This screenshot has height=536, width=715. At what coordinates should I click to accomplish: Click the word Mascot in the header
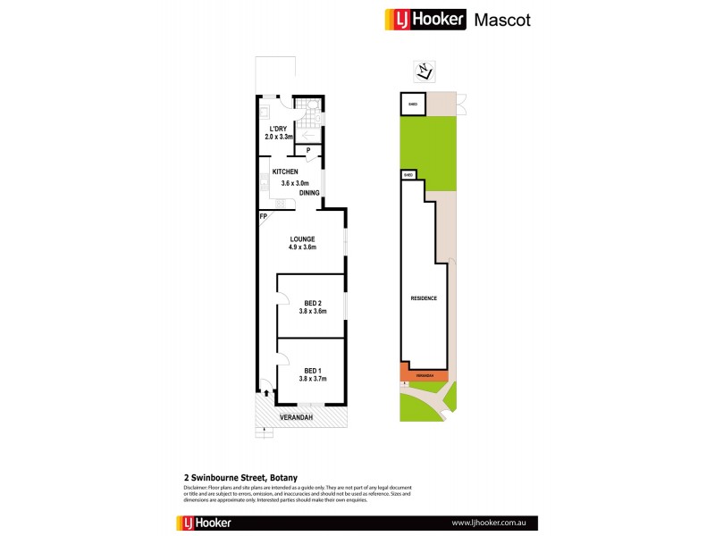point(501,20)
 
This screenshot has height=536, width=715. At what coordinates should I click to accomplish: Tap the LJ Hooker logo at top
point(425,20)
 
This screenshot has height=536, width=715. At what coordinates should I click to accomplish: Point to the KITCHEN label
point(285,172)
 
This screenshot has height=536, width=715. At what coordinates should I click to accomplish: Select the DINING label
point(310,192)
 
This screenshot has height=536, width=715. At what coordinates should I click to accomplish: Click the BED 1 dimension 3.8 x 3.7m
point(312,379)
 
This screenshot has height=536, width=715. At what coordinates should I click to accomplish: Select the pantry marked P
point(307,151)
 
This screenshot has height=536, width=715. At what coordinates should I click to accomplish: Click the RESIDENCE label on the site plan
point(424,297)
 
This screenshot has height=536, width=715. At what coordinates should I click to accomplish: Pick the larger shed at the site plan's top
point(412,104)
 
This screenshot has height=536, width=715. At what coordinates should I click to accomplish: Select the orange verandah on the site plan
point(424,374)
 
